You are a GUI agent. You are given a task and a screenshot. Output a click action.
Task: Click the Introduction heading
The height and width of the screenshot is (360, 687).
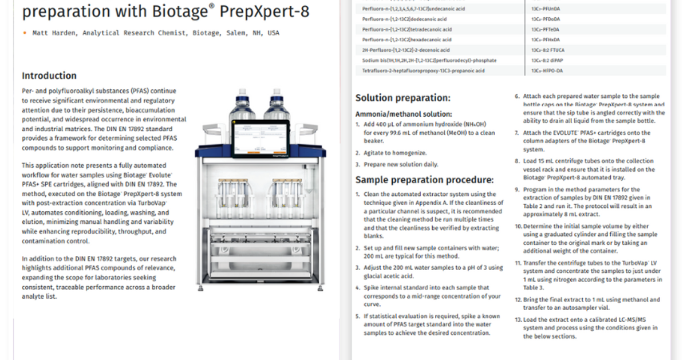[x=49, y=76]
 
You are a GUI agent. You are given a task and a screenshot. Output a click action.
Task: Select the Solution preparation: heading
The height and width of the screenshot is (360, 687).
[x=403, y=98]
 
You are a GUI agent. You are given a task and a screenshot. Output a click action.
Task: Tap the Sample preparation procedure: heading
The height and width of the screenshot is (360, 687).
[x=424, y=180]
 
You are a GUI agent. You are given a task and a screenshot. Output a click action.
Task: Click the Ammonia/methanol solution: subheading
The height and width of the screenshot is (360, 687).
[x=404, y=114]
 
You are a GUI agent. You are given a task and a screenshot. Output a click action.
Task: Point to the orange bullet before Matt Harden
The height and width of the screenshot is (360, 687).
[x=25, y=33]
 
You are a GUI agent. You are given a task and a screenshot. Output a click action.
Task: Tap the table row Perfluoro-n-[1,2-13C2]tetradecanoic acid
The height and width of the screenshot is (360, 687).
[x=407, y=29]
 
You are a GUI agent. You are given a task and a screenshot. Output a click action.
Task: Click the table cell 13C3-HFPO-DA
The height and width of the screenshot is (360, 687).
[x=547, y=70]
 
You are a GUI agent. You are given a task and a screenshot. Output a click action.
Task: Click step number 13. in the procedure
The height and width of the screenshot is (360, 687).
[x=519, y=320]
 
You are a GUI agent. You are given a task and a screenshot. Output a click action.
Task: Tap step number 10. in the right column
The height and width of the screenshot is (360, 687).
[x=519, y=226]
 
